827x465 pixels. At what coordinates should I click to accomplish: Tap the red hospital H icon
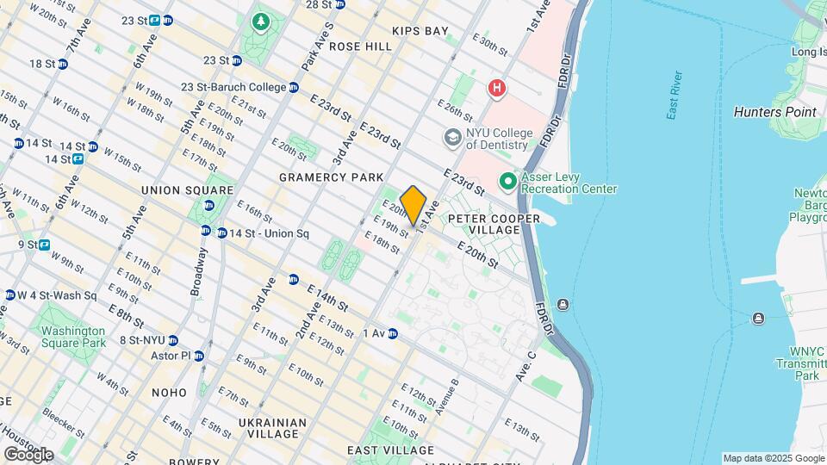pyautogui.click(x=496, y=88)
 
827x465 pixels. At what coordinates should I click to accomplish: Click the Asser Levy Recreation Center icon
pyautogui.click(x=508, y=182)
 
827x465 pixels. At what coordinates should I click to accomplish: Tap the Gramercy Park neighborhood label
pyautogui.click(x=331, y=177)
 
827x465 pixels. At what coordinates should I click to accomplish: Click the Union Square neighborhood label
pyautogui.click(x=187, y=189)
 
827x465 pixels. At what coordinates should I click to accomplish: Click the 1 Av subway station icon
pyautogui.click(x=393, y=333)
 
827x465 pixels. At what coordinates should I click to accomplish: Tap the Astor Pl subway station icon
pyautogui.click(x=199, y=356)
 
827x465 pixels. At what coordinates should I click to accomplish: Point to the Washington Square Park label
pyautogui.click(x=73, y=337)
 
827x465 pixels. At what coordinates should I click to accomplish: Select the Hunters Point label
pyautogui.click(x=774, y=112)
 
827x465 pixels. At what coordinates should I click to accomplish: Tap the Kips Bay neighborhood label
pyautogui.click(x=420, y=31)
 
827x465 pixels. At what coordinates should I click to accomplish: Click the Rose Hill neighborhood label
pyautogui.click(x=360, y=46)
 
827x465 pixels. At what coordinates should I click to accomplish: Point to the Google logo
pyautogui.click(x=29, y=454)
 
